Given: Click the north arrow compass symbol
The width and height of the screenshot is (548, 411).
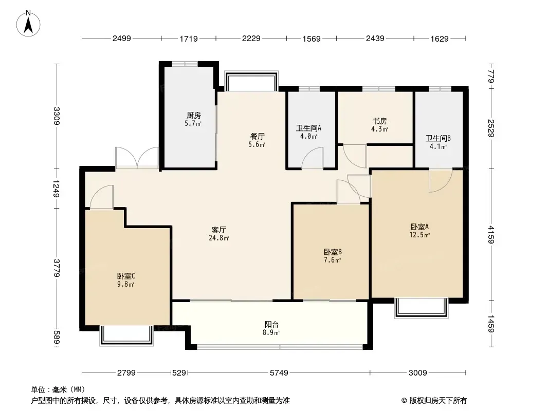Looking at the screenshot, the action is [x=28, y=24].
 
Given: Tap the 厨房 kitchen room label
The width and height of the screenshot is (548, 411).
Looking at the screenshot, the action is [x=194, y=115].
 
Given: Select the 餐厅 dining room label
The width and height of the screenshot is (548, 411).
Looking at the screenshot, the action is [x=257, y=136].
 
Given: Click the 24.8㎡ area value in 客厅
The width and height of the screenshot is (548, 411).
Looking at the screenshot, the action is [x=219, y=238].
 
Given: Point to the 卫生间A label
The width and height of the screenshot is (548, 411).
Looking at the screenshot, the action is [x=308, y=128].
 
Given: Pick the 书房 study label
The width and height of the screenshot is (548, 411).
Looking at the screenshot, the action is [x=379, y=121].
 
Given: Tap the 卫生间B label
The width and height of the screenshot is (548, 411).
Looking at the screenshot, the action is [x=438, y=138].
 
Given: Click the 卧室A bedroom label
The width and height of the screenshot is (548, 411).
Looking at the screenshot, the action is [x=419, y=227].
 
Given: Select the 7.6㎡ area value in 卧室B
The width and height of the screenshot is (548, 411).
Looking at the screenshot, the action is [x=332, y=260].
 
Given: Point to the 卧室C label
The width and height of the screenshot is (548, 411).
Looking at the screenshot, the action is [x=126, y=276].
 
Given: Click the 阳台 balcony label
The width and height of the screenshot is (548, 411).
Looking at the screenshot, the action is [x=271, y=325].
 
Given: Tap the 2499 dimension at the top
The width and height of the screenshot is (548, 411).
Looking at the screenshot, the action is [x=122, y=39].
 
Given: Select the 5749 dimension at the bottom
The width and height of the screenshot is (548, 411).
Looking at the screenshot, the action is [x=279, y=373].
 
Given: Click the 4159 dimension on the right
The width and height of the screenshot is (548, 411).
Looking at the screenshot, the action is [x=491, y=235].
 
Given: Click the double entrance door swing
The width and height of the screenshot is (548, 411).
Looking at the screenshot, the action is [x=137, y=158].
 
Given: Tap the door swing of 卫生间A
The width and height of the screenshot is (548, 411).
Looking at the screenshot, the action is [x=313, y=158].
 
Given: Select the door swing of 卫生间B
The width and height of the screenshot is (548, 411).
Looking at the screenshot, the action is [x=441, y=180].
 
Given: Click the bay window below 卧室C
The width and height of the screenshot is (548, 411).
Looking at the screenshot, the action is [x=126, y=335].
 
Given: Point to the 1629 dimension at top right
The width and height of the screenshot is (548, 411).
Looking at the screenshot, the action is [x=440, y=39].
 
